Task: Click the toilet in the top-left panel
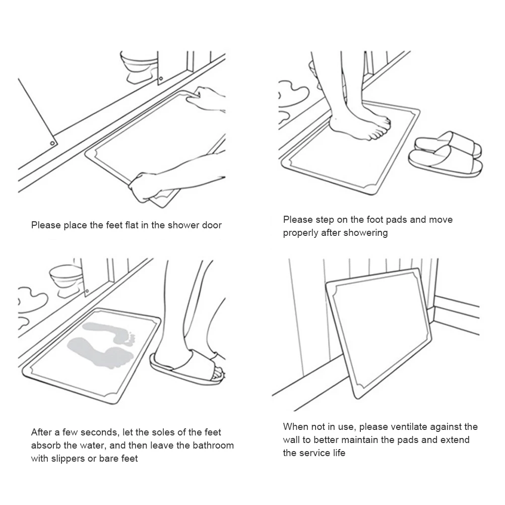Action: [x=139, y=67]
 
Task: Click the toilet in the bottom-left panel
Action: [x=66, y=280]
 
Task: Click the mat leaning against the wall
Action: [x=378, y=333]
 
